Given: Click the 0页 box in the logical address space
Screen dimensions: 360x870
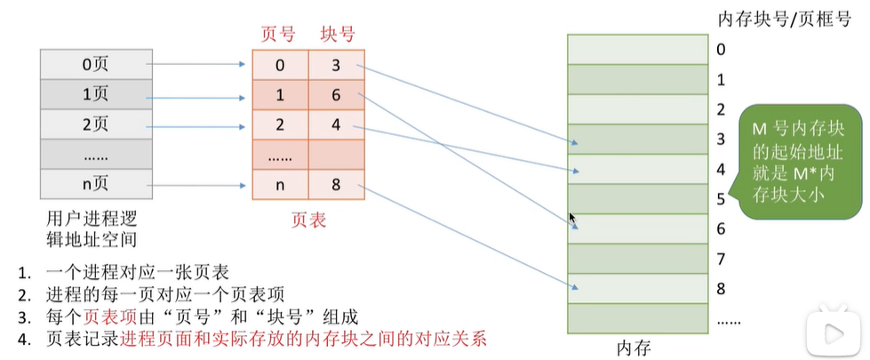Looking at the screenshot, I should point(93,64).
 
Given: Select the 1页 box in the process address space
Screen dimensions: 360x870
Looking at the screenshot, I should point(93,94).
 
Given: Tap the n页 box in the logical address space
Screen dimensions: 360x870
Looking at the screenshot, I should point(93,186).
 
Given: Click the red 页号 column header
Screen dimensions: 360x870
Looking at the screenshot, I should point(277,36).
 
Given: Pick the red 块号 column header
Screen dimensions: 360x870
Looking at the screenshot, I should point(338,36).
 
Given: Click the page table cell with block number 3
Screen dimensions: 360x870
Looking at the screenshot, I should point(337,64).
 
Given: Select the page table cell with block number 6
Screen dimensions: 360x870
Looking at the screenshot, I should point(337,94).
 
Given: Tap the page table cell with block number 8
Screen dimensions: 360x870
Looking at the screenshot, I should point(337,186).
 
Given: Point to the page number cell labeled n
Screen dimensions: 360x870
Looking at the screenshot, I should point(280,186).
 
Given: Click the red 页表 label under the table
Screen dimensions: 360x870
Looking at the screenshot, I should point(308,218).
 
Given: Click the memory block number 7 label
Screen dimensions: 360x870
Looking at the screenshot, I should point(721,260).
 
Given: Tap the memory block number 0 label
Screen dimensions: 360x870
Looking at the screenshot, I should point(721,49).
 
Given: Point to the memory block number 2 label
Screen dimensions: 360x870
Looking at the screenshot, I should point(721,109).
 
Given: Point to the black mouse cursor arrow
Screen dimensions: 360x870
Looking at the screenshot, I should point(573,219).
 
